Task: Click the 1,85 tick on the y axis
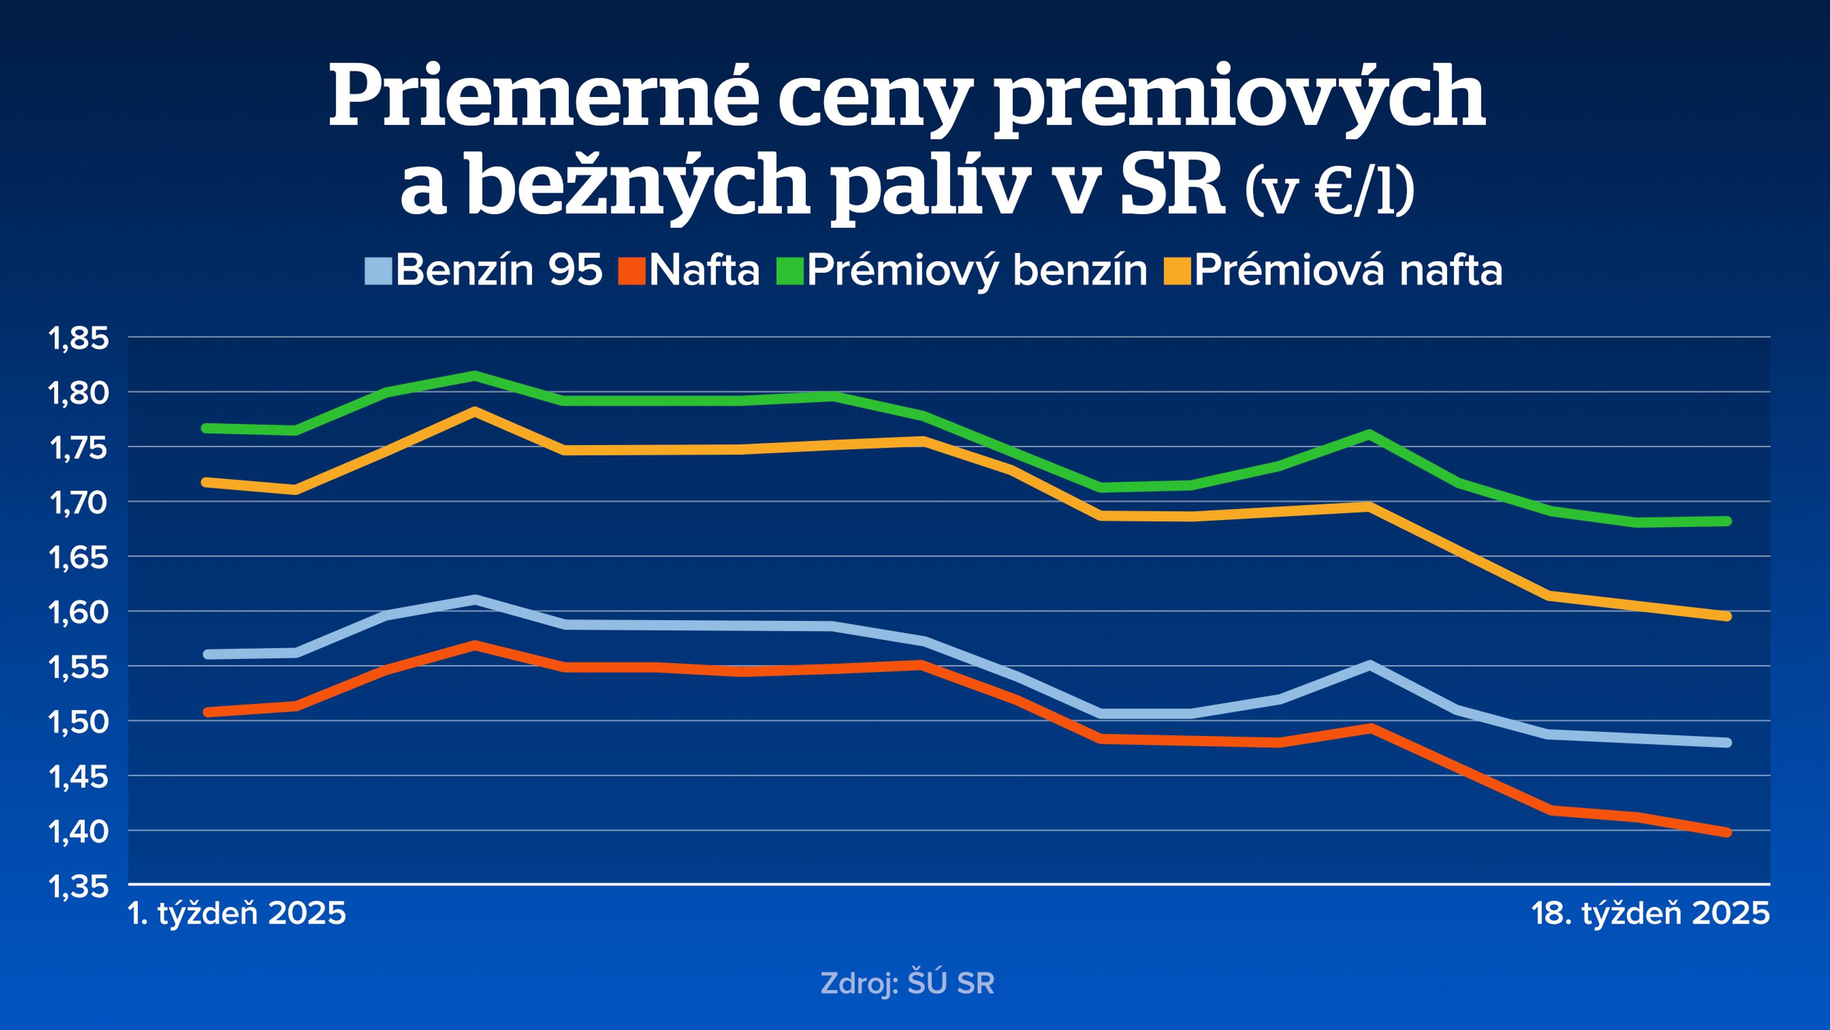tap(78, 339)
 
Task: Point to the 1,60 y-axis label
tap(78, 613)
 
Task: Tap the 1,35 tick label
tap(78, 887)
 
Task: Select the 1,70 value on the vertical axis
tap(78, 503)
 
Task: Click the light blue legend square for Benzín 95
tap(378, 271)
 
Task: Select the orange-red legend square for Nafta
tap(632, 271)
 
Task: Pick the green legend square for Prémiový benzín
tap(790, 271)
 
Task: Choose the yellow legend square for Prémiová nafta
tap(1177, 271)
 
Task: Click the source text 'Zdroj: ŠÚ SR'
tap(907, 984)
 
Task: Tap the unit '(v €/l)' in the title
tap(1329, 192)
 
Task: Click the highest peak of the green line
tap(475, 376)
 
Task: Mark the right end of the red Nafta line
tap(1727, 833)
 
